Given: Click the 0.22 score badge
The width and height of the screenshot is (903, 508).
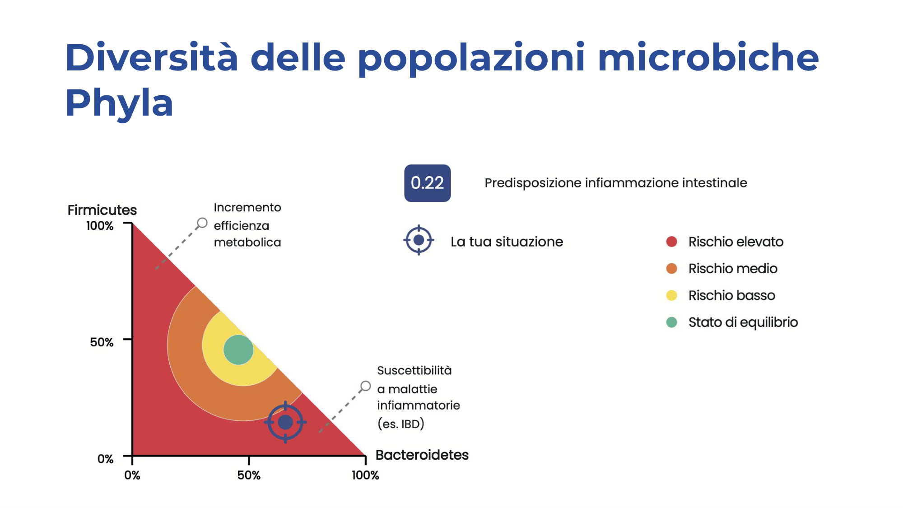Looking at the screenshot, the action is pyautogui.click(x=427, y=183).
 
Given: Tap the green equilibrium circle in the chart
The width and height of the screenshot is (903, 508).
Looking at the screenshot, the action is pyautogui.click(x=238, y=350).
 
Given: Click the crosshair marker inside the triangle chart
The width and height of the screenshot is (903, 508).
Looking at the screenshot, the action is pyautogui.click(x=285, y=422).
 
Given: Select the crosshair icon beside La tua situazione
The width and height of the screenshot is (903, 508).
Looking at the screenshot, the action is pyautogui.click(x=419, y=240).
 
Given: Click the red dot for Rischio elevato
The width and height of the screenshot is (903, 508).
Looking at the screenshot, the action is pyautogui.click(x=671, y=242).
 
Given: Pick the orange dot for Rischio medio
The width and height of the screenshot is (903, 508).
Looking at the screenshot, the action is pyautogui.click(x=671, y=269).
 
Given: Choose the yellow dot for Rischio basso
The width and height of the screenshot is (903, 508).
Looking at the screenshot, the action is pyautogui.click(x=671, y=295).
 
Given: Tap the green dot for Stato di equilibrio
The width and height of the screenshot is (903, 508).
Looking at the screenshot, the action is pyautogui.click(x=671, y=322).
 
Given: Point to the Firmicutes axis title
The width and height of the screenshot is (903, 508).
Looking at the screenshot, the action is pyautogui.click(x=102, y=210).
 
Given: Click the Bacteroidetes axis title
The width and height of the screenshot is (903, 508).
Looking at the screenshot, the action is pyautogui.click(x=422, y=455).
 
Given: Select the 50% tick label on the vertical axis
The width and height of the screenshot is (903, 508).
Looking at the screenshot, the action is pyautogui.click(x=102, y=342).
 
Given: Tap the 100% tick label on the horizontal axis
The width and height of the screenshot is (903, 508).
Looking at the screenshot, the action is pyautogui.click(x=365, y=475).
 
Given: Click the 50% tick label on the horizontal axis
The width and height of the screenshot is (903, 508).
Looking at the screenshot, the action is pyautogui.click(x=249, y=475).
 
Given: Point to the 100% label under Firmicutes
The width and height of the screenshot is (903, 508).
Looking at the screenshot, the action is pyautogui.click(x=100, y=226).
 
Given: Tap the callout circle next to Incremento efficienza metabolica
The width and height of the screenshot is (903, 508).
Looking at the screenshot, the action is pyautogui.click(x=202, y=223).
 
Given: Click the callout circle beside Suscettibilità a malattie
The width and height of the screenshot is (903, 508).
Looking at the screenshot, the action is pyautogui.click(x=365, y=387).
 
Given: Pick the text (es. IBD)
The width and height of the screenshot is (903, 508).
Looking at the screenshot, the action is pyautogui.click(x=401, y=424).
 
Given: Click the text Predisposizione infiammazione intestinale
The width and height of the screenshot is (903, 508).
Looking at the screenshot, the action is pyautogui.click(x=616, y=183).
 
